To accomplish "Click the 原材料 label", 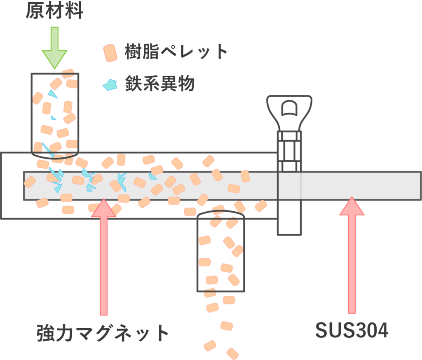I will tap(54, 11).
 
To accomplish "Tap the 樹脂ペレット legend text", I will tap(176, 52).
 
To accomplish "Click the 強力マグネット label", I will tap(103, 333).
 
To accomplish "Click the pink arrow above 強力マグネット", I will tap(103, 255).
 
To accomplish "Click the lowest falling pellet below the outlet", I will tap(232, 353).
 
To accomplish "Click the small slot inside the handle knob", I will tap(289, 108).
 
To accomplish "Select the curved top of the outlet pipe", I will tap(221, 213).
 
